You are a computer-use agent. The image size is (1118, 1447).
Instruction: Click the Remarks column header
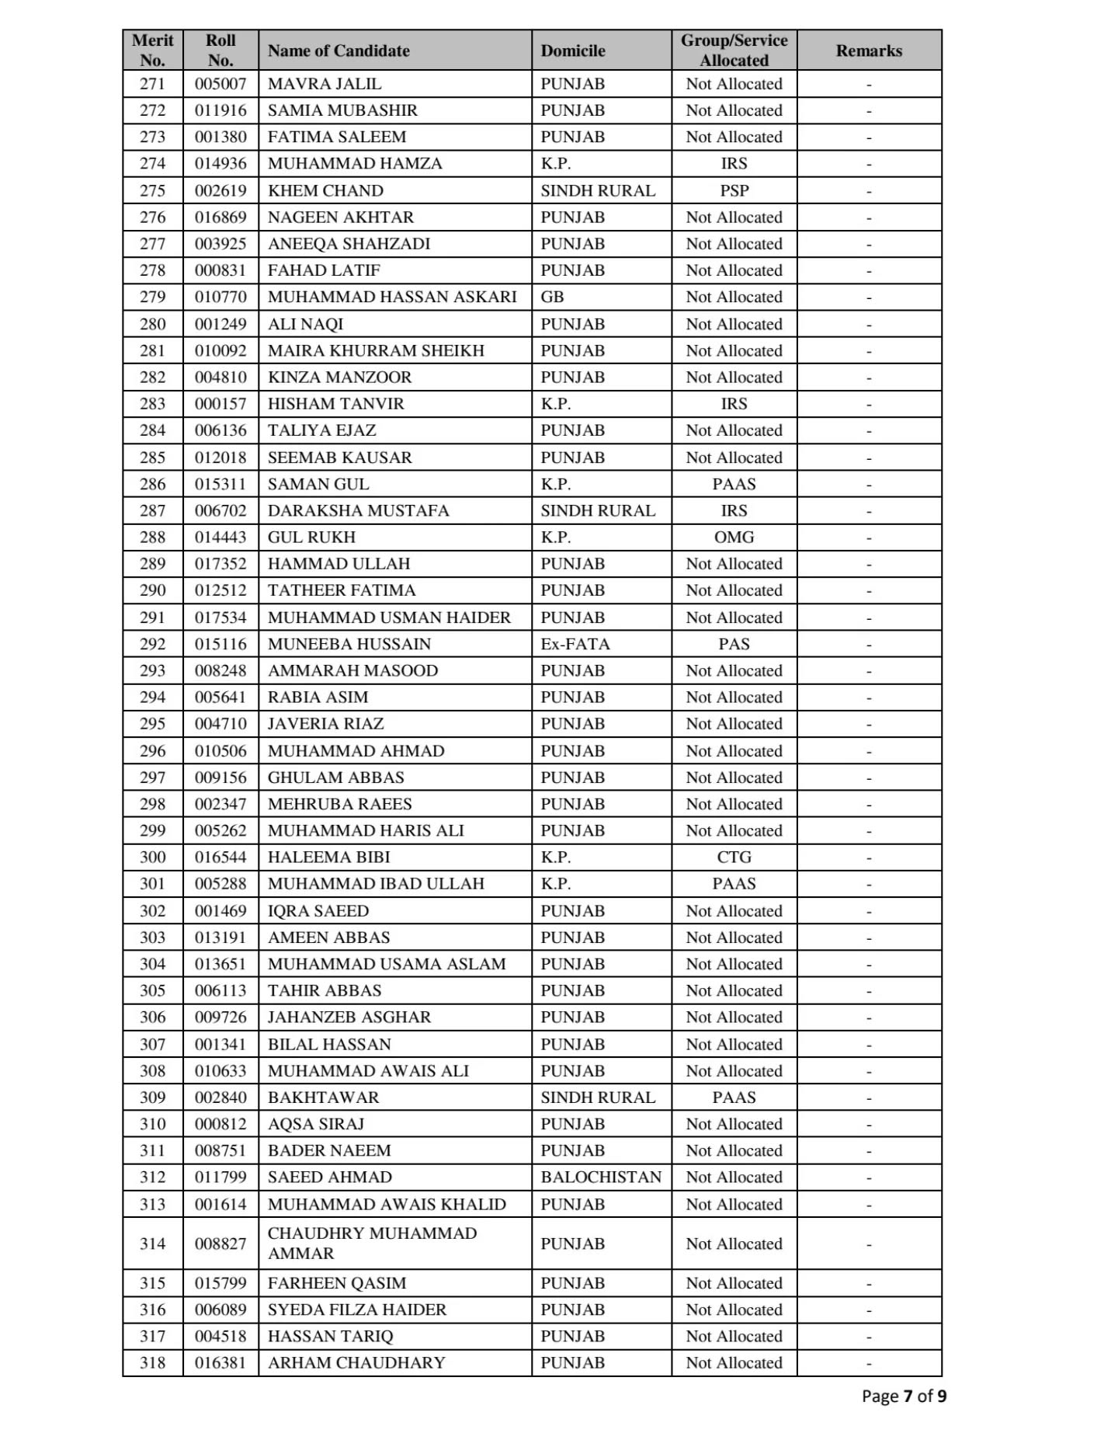click(869, 50)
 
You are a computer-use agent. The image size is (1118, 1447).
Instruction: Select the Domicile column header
click(573, 50)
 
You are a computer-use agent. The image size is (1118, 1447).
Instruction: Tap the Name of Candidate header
click(339, 50)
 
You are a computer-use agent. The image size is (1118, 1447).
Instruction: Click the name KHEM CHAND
click(325, 190)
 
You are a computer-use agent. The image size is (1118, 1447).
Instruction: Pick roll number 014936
click(220, 163)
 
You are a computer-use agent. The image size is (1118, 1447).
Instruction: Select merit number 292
click(152, 644)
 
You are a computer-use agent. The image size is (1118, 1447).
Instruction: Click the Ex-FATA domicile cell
click(575, 644)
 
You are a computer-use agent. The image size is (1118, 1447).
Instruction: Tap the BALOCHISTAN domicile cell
click(601, 1177)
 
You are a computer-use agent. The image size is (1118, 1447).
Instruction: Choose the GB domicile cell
click(552, 297)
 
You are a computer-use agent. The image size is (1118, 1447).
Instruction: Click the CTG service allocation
click(734, 857)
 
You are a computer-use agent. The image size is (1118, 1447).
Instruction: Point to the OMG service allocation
click(734, 537)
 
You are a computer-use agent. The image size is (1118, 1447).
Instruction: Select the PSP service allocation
click(734, 190)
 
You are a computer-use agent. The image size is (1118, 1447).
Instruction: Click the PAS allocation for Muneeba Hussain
click(734, 644)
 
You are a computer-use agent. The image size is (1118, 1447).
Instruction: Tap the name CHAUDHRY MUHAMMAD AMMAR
click(372, 1243)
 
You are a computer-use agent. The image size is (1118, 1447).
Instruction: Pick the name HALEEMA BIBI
click(328, 857)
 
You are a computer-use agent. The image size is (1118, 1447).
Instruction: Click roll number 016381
click(220, 1362)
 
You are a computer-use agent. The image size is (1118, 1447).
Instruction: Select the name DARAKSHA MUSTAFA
click(358, 510)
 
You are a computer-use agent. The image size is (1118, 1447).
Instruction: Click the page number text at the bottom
click(904, 1396)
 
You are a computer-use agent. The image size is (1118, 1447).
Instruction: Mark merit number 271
click(152, 84)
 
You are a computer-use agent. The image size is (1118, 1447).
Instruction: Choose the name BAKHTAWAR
click(323, 1097)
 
